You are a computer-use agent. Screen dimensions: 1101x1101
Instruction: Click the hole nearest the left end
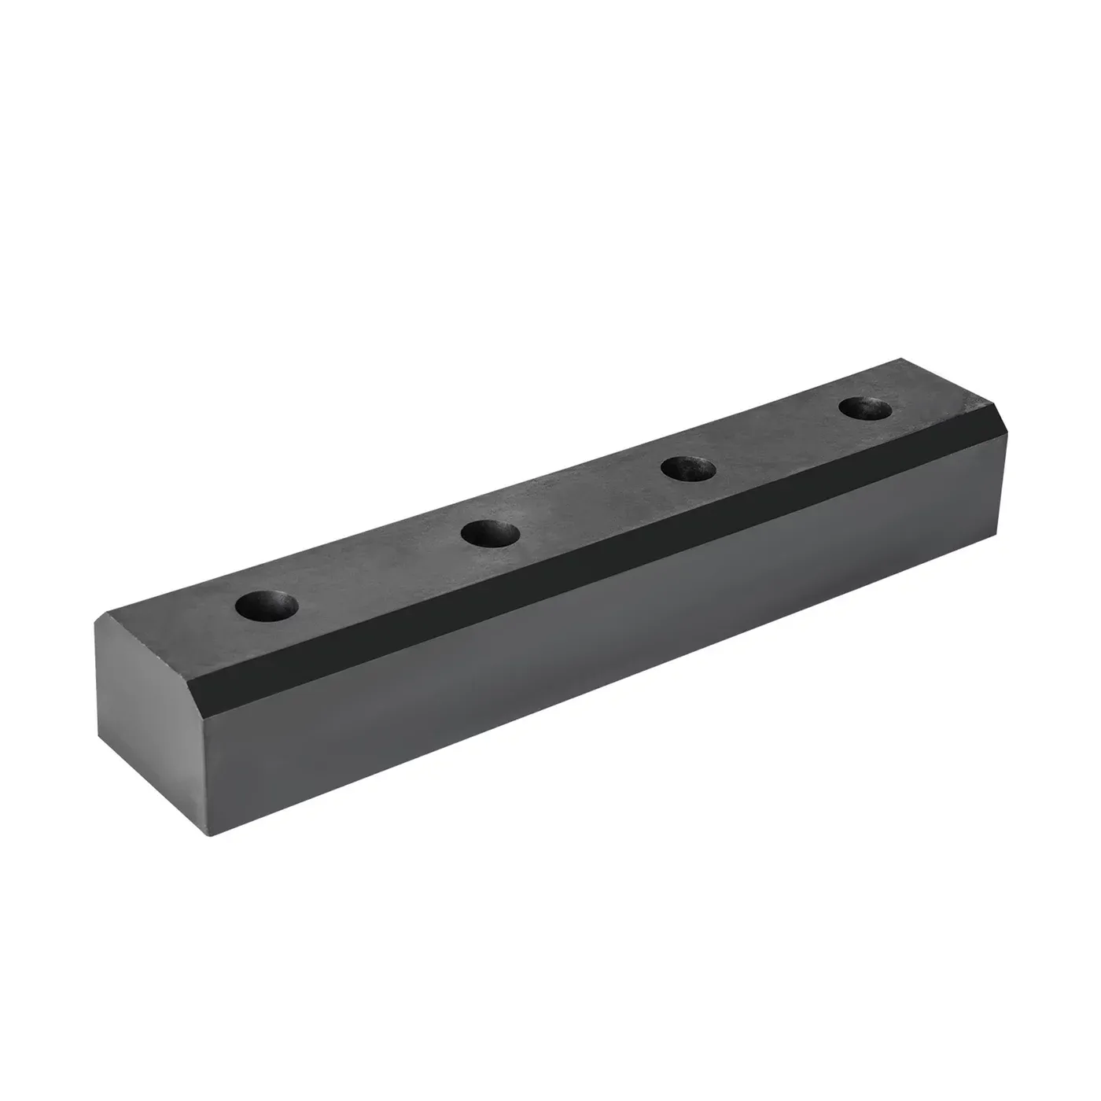click(267, 605)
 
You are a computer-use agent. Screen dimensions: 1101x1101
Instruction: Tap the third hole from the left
click(688, 469)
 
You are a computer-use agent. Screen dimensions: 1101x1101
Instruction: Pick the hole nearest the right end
click(865, 409)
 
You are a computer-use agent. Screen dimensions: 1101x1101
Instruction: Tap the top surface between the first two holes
click(377, 570)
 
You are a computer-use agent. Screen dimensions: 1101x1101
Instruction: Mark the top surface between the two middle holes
click(590, 502)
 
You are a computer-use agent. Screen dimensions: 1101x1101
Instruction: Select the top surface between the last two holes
click(779, 439)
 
